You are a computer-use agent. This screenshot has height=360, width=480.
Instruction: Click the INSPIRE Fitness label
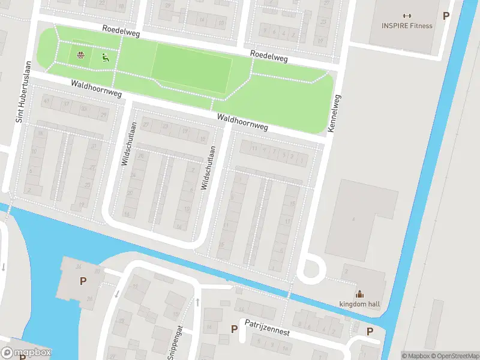tap(407, 26)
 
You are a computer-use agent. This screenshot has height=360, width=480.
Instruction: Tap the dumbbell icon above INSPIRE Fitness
tap(407, 16)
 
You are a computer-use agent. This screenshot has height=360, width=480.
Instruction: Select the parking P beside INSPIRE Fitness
tap(446, 16)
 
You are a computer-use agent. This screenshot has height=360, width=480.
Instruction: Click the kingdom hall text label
tap(359, 304)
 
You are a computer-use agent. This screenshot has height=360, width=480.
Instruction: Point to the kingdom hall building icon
tap(359, 294)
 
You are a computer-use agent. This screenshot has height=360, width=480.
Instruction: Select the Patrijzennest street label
tap(267, 327)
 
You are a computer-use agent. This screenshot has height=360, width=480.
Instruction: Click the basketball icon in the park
tap(80, 57)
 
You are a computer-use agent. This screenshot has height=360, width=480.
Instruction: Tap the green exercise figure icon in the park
tap(105, 58)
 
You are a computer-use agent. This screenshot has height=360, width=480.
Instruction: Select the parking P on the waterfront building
tap(82, 281)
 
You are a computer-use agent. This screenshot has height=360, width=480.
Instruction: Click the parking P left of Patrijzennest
tap(234, 329)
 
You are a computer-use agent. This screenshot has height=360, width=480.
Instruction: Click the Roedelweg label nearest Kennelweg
tap(269, 58)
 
